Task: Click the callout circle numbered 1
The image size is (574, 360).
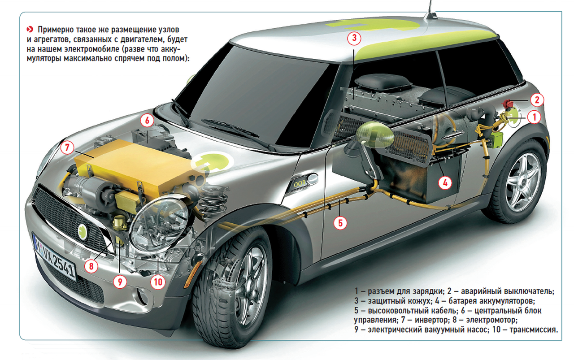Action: (x=534, y=117)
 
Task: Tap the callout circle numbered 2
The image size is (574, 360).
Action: (x=537, y=100)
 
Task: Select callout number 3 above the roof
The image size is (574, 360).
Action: (x=354, y=39)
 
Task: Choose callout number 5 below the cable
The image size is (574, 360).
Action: (x=340, y=223)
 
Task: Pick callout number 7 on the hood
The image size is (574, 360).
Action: (x=67, y=147)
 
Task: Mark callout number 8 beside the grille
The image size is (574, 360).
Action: (x=91, y=266)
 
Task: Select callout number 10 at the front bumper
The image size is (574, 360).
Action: (x=158, y=282)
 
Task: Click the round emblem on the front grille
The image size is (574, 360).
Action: (x=83, y=231)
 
